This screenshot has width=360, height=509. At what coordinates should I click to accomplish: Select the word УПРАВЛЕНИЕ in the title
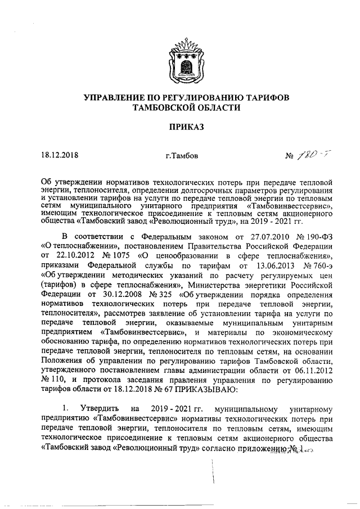coord(114,97)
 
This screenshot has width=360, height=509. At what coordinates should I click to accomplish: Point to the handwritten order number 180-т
coord(302,154)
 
